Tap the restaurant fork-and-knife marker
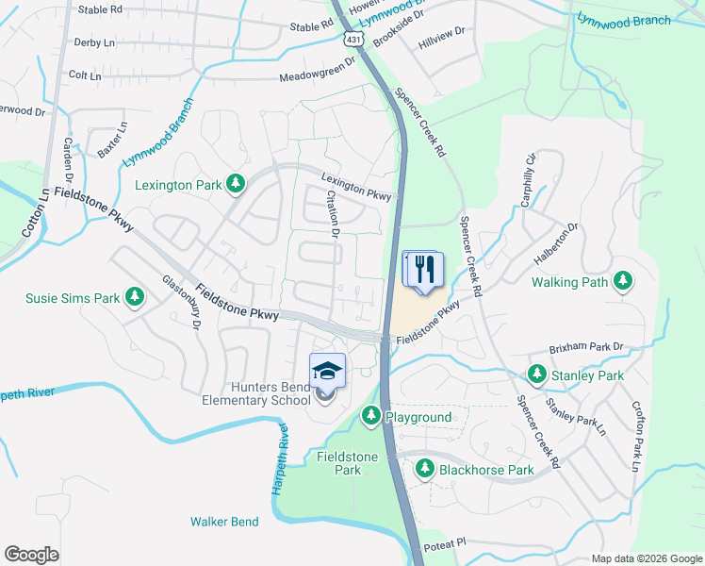[x=423, y=269]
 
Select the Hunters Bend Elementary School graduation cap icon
[x=327, y=371]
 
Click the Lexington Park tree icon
[x=235, y=185]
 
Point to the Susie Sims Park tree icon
[x=136, y=298]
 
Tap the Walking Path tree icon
[x=622, y=281]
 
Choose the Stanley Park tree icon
[x=536, y=375]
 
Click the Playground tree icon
[x=370, y=416]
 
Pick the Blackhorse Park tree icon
[x=425, y=469]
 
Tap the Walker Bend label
[x=224, y=521]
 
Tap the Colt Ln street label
[x=84, y=74]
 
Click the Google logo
[x=31, y=555]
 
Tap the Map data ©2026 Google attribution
[x=647, y=558]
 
